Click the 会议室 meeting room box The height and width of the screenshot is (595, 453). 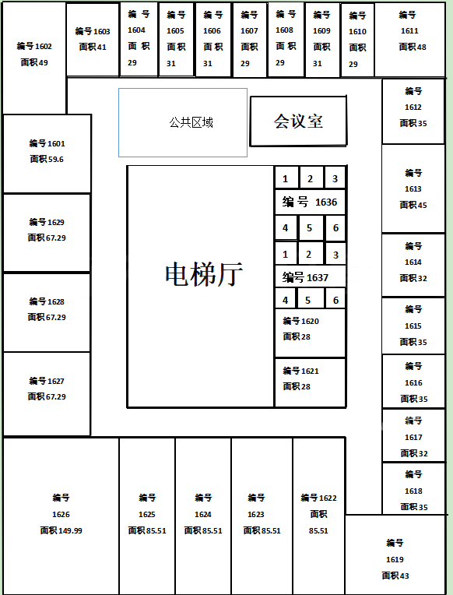(298, 121)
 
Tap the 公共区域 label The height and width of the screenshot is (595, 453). (191, 122)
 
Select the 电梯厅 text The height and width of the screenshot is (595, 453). (204, 274)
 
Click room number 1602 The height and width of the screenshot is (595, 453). (43, 46)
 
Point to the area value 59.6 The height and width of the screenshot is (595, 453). (55, 160)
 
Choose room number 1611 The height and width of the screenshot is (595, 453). (409, 30)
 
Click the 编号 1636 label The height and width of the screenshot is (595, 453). (310, 202)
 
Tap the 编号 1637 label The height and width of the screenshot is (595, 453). (305, 278)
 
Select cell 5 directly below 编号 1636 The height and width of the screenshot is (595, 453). (310, 228)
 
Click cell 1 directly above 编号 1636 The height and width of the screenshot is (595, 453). (286, 178)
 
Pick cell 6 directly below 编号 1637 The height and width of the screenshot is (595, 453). (335, 300)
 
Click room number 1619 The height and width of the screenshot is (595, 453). (395, 560)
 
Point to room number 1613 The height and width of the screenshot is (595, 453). (413, 189)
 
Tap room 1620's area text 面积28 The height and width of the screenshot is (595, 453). (297, 336)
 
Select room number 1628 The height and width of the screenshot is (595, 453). (56, 301)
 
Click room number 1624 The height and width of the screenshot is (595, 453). (203, 515)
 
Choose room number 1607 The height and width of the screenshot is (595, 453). (249, 30)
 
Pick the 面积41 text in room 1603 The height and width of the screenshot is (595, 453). (93, 47)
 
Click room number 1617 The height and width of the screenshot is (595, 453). (413, 438)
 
